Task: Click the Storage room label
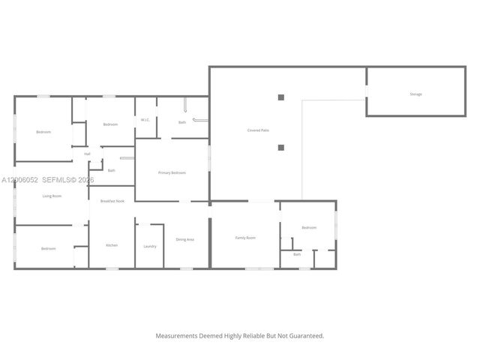click(x=415, y=94)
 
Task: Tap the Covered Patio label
click(x=258, y=130)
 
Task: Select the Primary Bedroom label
click(x=172, y=173)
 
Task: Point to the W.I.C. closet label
click(x=145, y=120)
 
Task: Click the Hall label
click(x=87, y=154)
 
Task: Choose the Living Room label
click(x=52, y=196)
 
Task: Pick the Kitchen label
click(x=112, y=245)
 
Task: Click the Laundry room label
click(x=150, y=246)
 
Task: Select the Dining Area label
click(x=184, y=239)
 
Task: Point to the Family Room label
click(x=245, y=238)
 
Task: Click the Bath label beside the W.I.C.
click(x=182, y=122)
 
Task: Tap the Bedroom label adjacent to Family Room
click(x=309, y=227)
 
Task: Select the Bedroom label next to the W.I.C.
click(x=110, y=124)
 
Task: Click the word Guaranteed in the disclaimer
click(x=306, y=336)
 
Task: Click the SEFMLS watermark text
click(x=58, y=180)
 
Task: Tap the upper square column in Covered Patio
click(x=281, y=97)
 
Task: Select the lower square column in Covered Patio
click(x=281, y=147)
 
